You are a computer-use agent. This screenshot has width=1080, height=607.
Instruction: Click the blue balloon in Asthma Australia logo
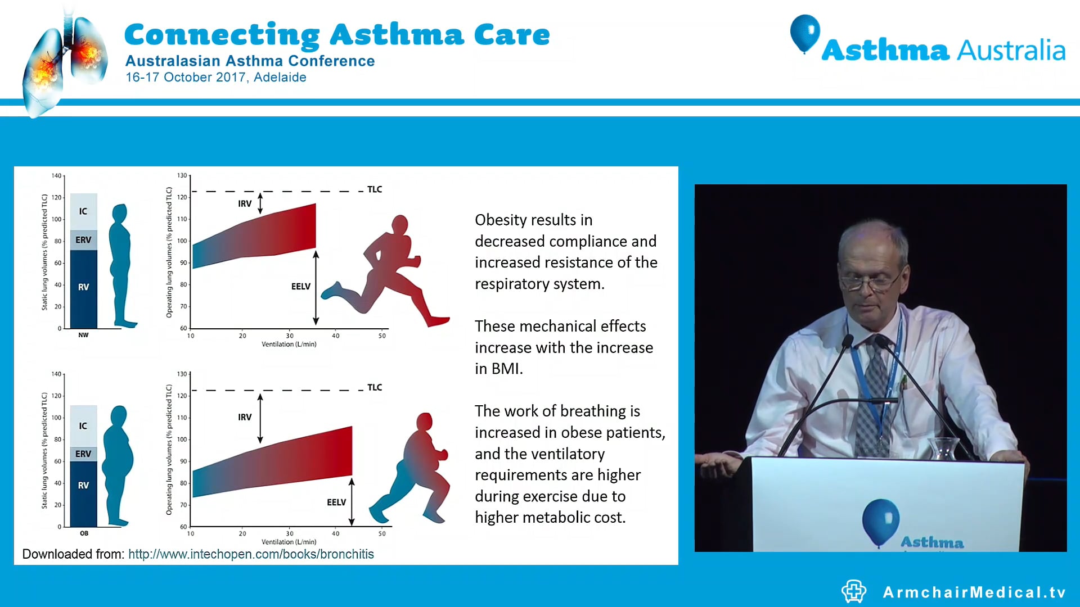pos(805,32)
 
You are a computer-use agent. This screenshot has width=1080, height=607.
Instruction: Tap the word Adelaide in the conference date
pos(280,78)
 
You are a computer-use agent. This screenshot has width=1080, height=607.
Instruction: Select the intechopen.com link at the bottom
pos(251,554)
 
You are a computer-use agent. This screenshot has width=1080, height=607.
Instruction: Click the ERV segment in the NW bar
pos(83,240)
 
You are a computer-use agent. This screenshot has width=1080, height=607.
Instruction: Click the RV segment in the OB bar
pos(83,486)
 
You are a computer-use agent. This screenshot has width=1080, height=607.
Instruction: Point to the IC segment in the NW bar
pos(83,211)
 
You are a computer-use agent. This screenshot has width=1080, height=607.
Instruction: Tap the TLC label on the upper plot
pos(375,189)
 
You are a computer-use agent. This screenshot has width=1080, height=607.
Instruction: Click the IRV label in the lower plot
pos(245,417)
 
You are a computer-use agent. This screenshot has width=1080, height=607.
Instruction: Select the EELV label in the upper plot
pos(301,287)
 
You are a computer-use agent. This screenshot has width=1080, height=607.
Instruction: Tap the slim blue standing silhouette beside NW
pos(121,264)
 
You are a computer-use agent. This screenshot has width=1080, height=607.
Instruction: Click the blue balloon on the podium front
pos(880,520)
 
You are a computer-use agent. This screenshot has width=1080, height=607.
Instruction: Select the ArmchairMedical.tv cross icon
pos(854,591)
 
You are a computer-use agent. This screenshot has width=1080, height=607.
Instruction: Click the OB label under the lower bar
pos(84,533)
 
